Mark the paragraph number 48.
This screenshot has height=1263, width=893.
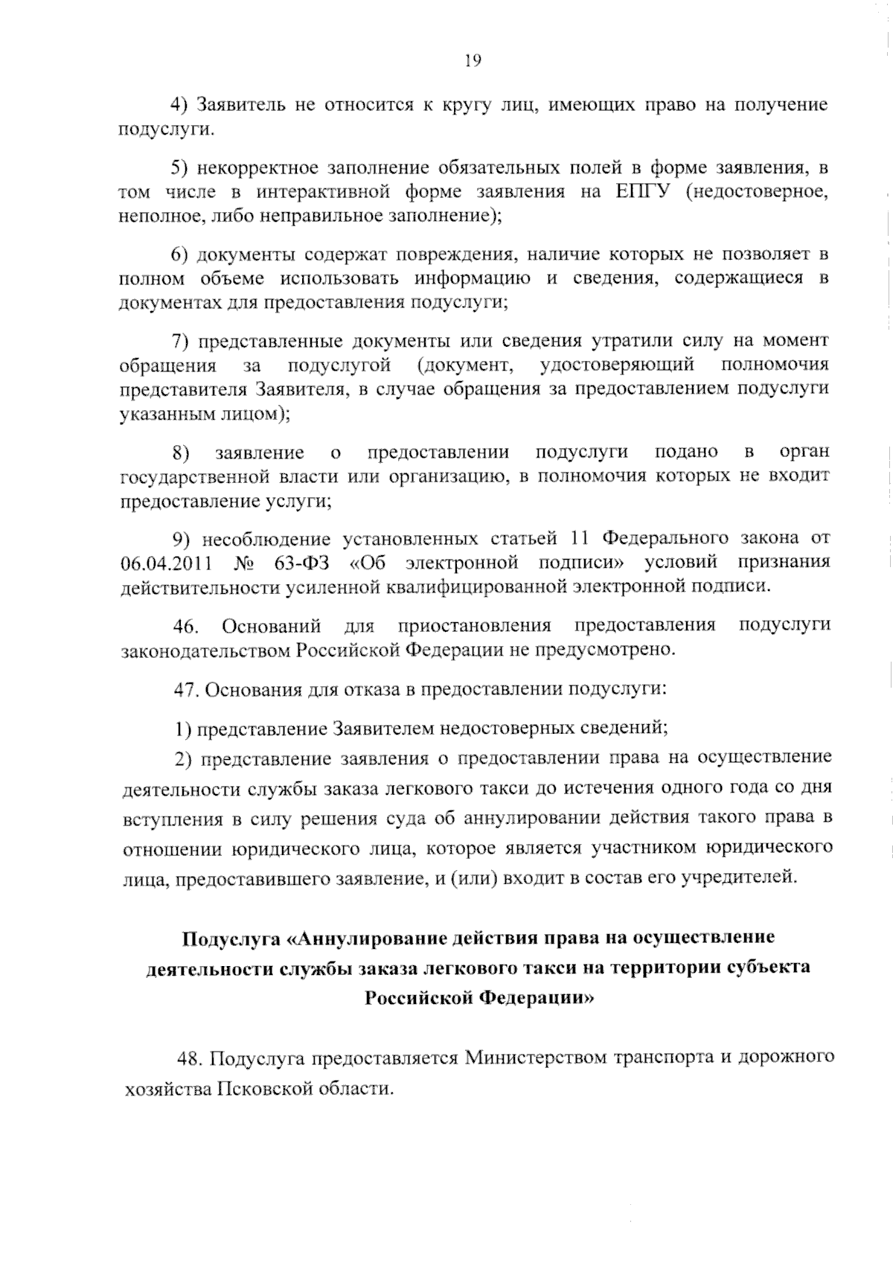pyautogui.click(x=191, y=1058)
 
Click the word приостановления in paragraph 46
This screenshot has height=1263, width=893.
pyautogui.click(x=475, y=625)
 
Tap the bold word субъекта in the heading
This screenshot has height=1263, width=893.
pyautogui.click(x=771, y=968)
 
